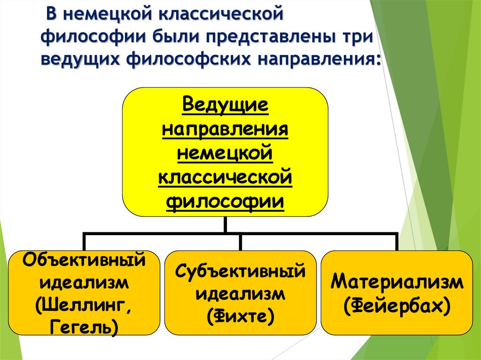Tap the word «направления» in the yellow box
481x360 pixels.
(225, 129)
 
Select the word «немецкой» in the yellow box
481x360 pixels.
(225, 153)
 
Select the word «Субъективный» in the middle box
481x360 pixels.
(240, 271)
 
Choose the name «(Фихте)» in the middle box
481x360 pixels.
(240, 316)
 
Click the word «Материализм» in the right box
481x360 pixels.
(397, 283)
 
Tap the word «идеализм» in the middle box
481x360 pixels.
(240, 294)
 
